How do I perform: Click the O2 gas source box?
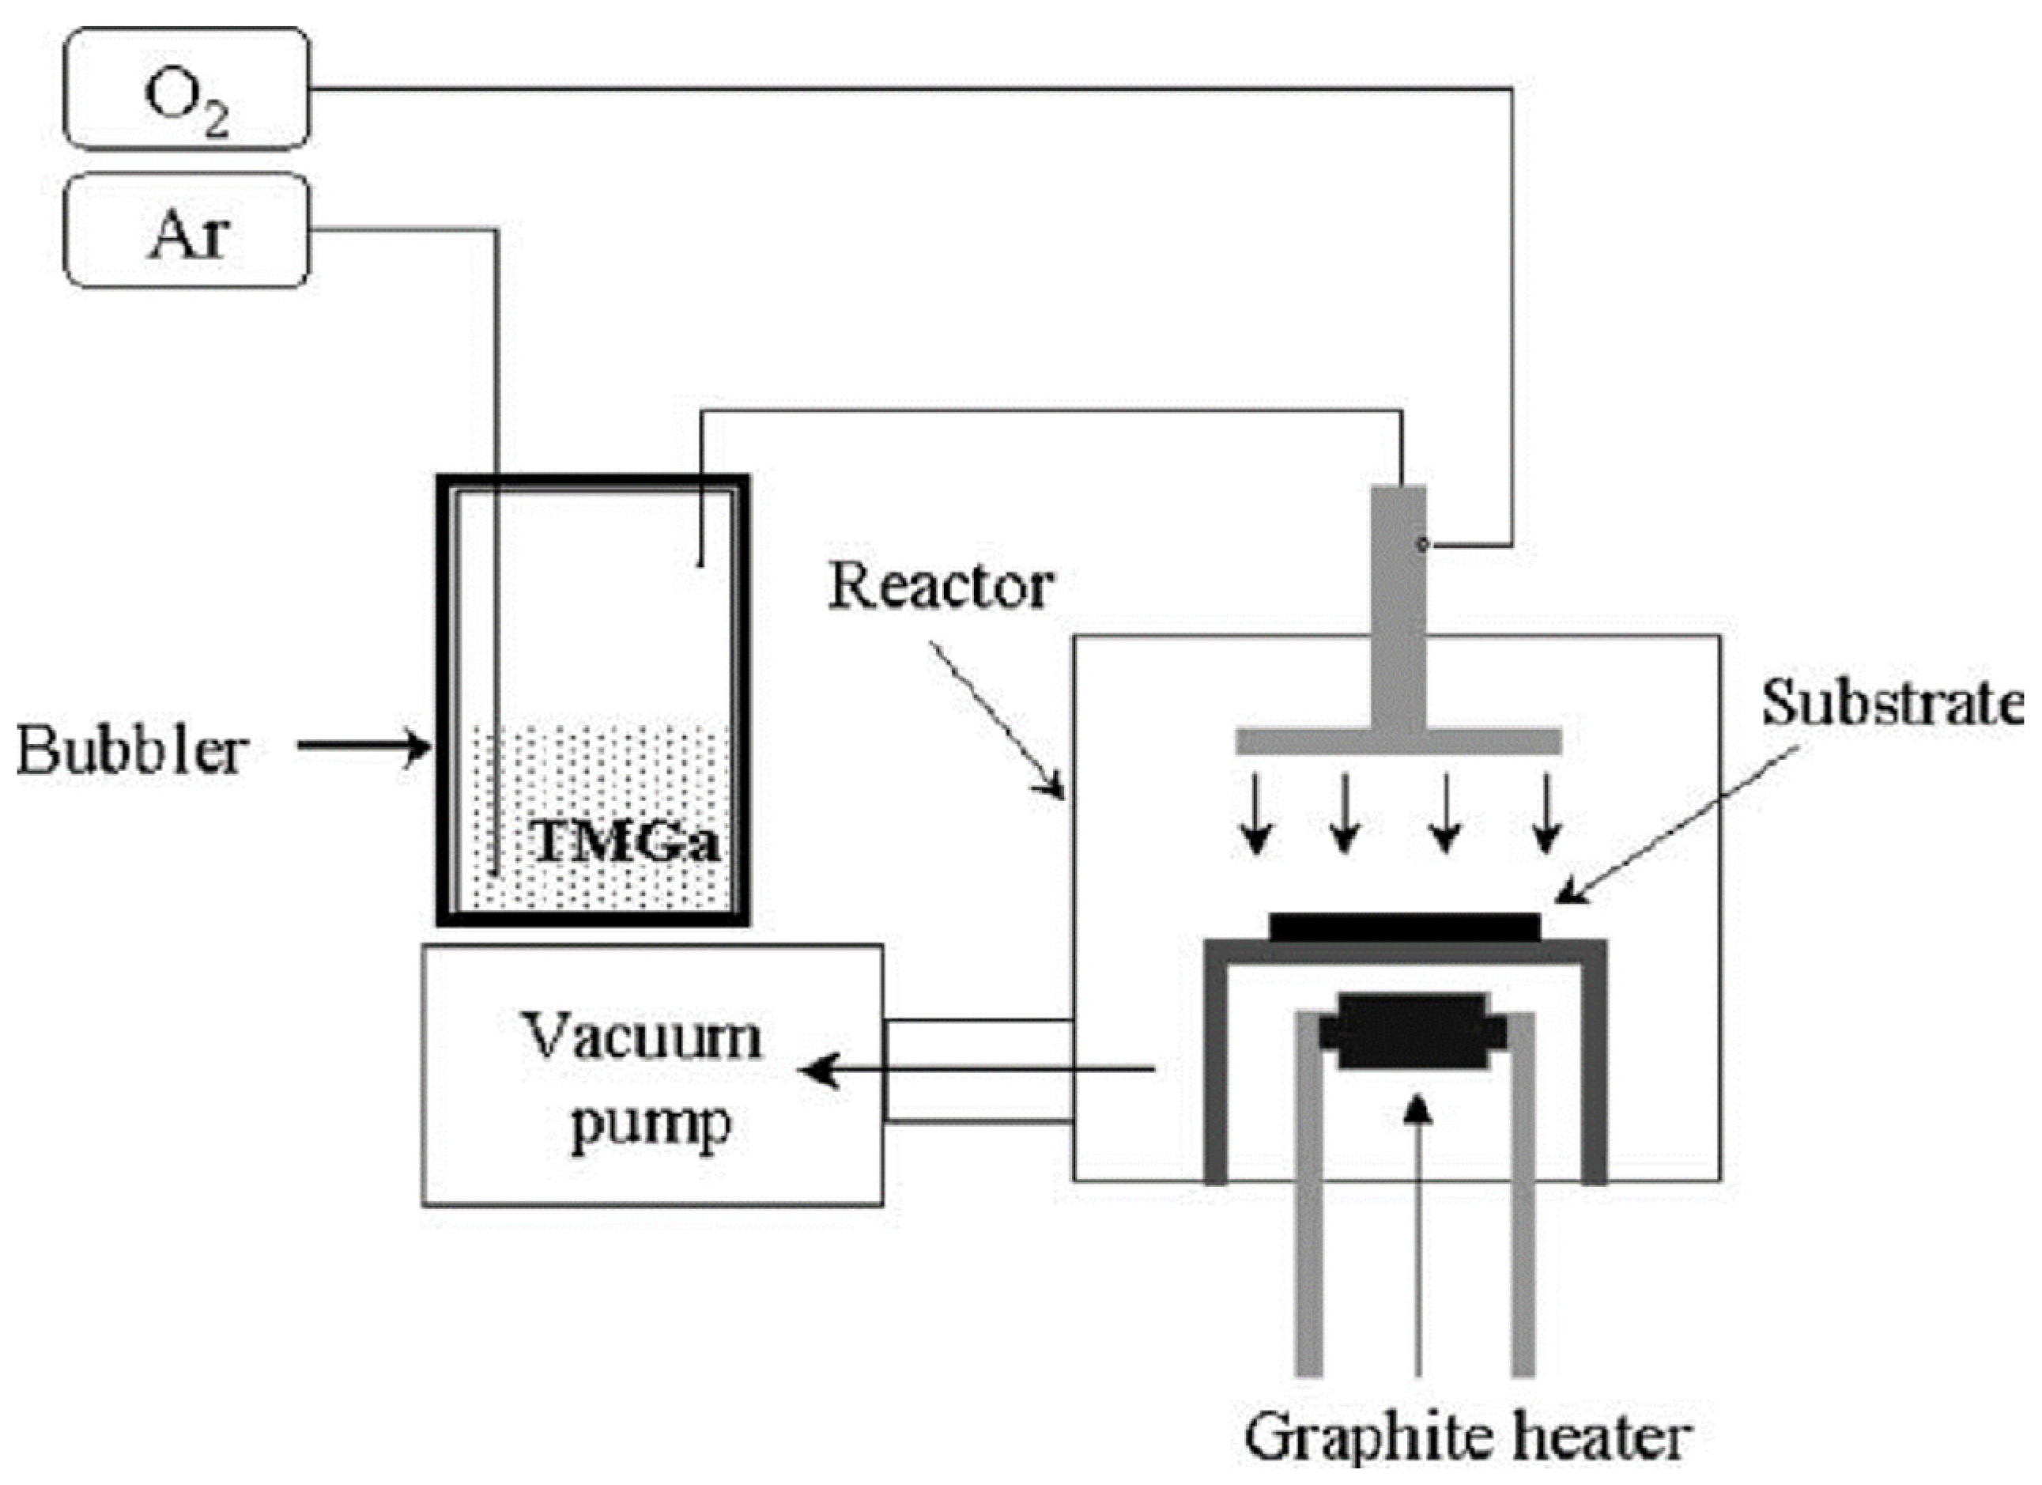(187, 89)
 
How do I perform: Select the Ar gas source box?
(187, 232)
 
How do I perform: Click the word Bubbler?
(131, 750)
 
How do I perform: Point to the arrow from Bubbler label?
(364, 746)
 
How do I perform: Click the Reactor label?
(940, 588)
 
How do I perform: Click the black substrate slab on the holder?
(1404, 927)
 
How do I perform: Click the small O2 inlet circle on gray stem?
(1422, 544)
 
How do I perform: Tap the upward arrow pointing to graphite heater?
(1419, 1243)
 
